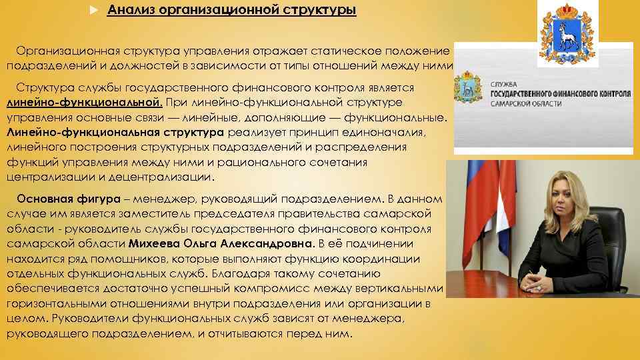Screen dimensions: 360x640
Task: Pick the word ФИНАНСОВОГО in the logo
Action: pos(571,95)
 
